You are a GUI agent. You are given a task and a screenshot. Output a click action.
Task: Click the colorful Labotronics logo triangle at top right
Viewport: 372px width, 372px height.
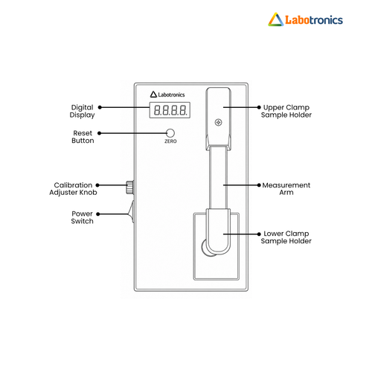pos(275,19)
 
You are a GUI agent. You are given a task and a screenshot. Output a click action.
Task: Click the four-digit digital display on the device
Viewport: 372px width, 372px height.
pos(170,110)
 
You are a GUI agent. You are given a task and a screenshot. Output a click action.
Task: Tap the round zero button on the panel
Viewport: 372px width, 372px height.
pos(170,133)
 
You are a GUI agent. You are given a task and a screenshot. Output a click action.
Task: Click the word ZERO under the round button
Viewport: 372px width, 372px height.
pos(170,141)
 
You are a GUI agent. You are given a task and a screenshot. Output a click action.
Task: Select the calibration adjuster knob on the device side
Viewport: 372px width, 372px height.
pos(130,187)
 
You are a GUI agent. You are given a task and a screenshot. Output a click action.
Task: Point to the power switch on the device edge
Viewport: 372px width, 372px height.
pos(131,212)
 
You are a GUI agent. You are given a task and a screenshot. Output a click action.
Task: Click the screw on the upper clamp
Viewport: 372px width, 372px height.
pos(218,122)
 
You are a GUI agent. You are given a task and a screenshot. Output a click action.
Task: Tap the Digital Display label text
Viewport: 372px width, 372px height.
pos(82,111)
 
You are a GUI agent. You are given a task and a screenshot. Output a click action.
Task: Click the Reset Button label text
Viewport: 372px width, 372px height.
pos(83,137)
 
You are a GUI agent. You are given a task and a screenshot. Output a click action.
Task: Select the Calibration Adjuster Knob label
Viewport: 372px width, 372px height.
pos(73,189)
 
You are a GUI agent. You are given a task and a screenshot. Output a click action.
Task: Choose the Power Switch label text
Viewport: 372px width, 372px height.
pos(82,217)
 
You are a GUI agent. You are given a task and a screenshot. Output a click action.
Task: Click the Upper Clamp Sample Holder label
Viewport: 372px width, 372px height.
pos(286,111)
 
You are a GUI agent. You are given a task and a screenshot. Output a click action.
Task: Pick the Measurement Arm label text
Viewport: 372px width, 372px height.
pos(286,189)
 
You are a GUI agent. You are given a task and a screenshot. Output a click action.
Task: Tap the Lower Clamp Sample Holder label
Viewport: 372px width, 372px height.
pos(286,237)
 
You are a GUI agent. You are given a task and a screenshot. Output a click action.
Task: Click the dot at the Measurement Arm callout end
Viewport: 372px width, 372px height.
pos(259,185)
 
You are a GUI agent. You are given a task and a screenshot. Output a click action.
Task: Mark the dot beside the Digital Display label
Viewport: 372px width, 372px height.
pos(100,107)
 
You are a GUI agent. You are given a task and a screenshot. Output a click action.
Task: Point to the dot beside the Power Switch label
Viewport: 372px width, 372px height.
pos(98,214)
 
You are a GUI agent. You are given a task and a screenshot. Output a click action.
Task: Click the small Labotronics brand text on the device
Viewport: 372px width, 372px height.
pos(171,94)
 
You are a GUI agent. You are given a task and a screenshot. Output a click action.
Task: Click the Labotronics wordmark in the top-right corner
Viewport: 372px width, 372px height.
pos(314,20)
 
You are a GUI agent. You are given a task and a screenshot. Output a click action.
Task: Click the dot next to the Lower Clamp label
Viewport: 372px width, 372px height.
pos(259,234)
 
